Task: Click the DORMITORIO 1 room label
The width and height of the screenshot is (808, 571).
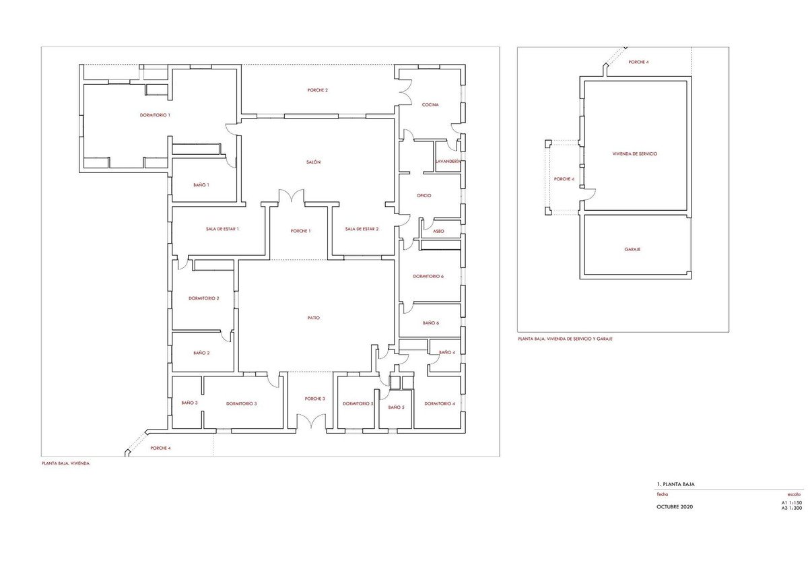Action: click(x=155, y=115)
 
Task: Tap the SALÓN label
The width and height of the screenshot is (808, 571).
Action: click(x=313, y=162)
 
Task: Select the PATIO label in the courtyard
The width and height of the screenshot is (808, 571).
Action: click(x=314, y=318)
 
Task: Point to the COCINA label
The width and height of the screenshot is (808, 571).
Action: click(x=430, y=104)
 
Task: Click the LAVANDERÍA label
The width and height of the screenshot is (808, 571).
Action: click(x=448, y=161)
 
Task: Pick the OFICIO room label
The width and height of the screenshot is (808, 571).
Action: click(x=424, y=195)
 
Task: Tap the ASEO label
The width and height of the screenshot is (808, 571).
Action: click(x=438, y=231)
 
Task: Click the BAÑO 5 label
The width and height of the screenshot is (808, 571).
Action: click(x=396, y=407)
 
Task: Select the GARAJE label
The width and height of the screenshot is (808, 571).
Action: click(x=632, y=249)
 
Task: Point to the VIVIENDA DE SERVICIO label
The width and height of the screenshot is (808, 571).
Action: click(x=635, y=154)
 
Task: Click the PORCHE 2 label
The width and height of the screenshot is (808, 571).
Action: click(x=317, y=90)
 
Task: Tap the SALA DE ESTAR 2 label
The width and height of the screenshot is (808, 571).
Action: click(x=362, y=229)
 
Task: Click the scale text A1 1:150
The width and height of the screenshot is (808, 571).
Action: click(x=792, y=502)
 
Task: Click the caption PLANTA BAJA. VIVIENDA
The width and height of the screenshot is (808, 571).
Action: click(x=66, y=463)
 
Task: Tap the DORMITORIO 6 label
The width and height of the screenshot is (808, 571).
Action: click(x=428, y=276)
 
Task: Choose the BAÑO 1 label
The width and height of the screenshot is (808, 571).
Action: click(x=201, y=184)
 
